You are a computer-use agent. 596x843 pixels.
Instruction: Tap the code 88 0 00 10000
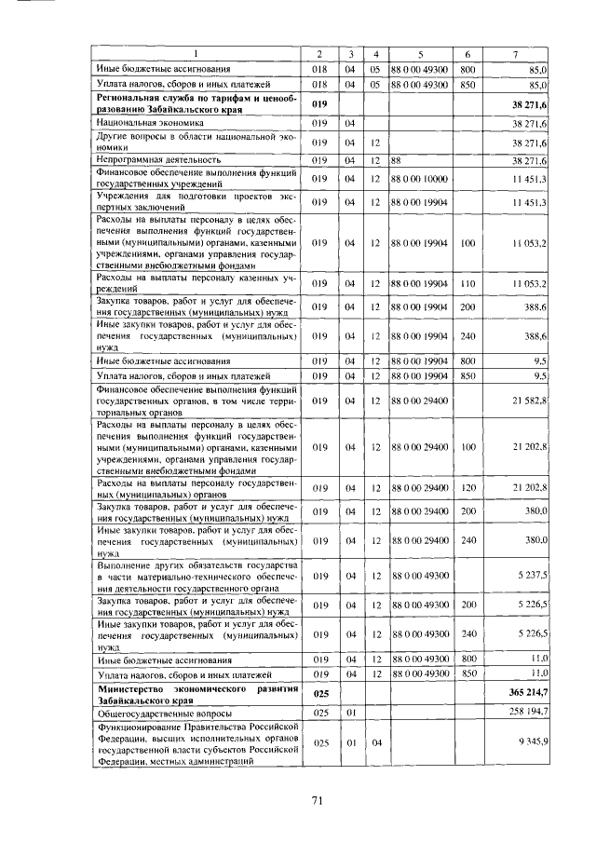click(420, 178)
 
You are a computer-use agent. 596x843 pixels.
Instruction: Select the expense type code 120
click(467, 488)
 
